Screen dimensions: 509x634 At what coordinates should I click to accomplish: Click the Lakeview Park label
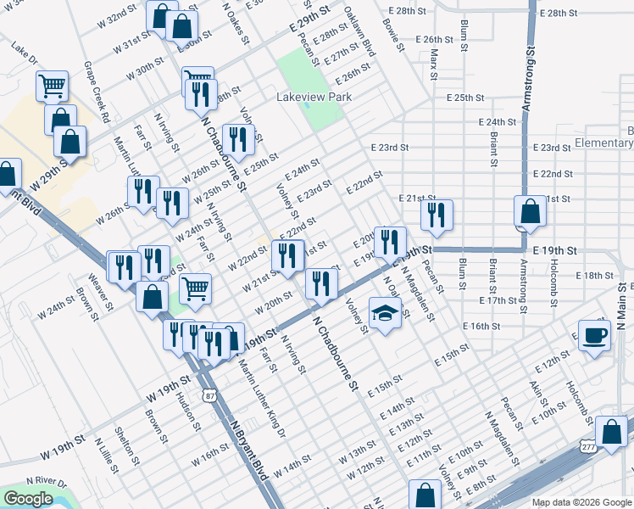click(314, 98)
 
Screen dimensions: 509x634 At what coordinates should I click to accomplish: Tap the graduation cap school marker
click(385, 313)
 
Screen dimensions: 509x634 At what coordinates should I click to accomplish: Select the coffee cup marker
click(593, 333)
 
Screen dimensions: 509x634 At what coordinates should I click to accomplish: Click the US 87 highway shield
click(209, 394)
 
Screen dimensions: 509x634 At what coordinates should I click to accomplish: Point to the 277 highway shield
click(589, 445)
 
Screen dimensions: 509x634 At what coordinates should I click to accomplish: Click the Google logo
click(28, 499)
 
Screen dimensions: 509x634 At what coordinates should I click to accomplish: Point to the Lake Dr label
click(25, 57)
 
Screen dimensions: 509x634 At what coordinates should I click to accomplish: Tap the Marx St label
click(434, 59)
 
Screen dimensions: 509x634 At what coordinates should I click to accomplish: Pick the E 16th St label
click(482, 327)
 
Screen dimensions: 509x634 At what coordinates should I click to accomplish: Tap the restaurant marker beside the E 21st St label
click(436, 215)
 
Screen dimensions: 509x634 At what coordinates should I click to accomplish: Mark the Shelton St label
click(129, 446)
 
